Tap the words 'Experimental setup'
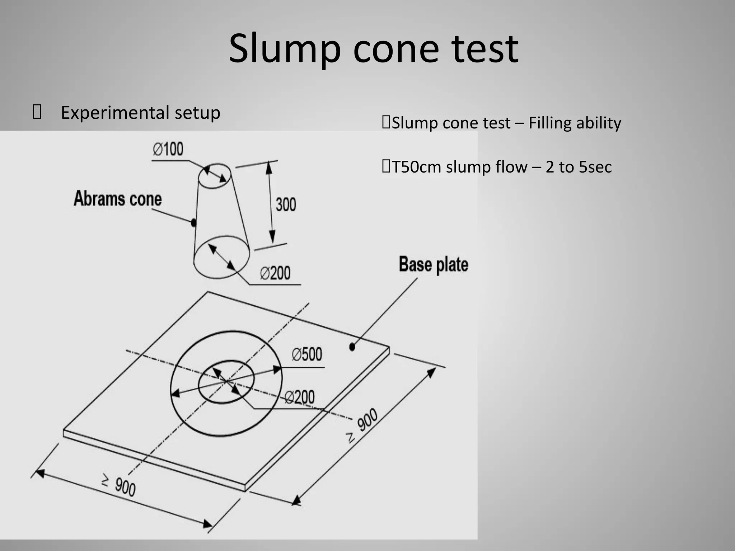tap(140, 113)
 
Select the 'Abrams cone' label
tap(118, 199)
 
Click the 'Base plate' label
tap(434, 265)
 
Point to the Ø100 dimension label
tap(168, 149)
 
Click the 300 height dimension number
tap(286, 204)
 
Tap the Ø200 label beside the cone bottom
tap(275, 273)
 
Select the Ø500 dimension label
tap(307, 354)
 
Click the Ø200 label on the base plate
tap(300, 397)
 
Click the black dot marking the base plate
tap(352, 347)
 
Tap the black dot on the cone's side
tap(193, 222)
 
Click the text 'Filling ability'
tap(575, 123)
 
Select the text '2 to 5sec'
tap(578, 167)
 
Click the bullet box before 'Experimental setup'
tap(37, 112)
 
